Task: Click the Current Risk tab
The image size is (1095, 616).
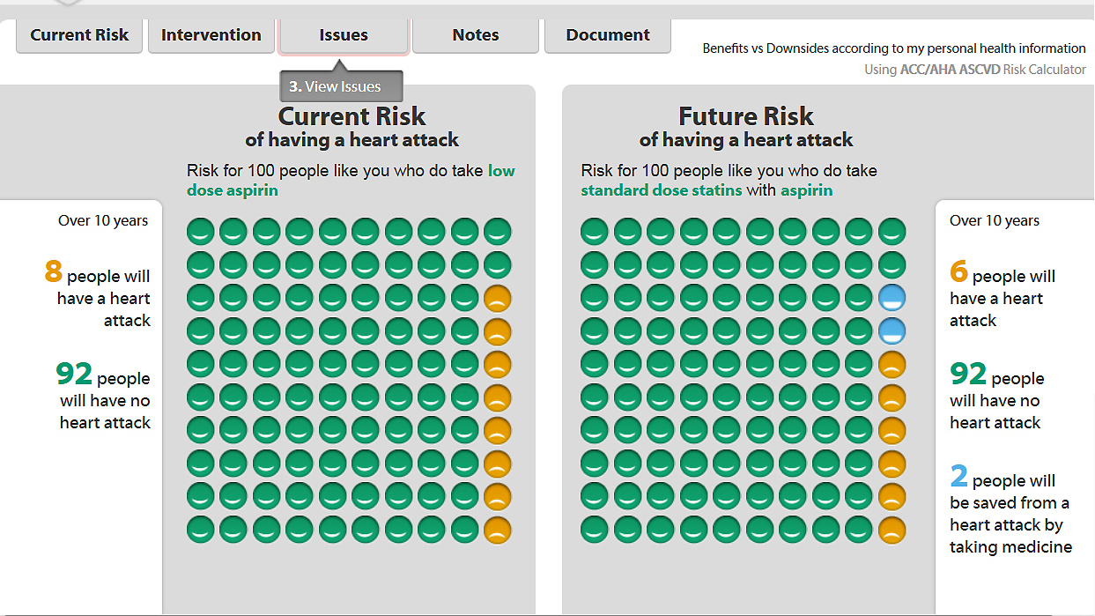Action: [79, 35]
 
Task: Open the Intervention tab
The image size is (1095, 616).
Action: [211, 35]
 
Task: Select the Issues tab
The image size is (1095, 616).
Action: [344, 35]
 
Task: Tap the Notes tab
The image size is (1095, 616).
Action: [476, 35]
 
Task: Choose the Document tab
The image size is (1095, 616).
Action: [608, 35]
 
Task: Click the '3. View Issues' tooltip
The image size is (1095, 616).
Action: [341, 86]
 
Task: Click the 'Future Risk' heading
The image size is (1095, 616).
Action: [746, 116]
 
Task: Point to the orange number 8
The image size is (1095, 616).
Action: [53, 272]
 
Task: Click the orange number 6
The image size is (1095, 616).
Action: [958, 272]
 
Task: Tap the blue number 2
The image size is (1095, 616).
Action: [958, 477]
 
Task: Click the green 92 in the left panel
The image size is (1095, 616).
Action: [74, 375]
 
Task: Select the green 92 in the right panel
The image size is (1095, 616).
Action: [968, 375]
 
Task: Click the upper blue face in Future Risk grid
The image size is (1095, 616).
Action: [892, 298]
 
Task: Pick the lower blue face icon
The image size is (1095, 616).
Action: [892, 331]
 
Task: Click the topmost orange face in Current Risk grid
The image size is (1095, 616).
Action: [498, 298]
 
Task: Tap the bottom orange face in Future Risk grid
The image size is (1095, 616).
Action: [892, 530]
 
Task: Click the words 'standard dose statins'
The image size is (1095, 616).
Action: [661, 190]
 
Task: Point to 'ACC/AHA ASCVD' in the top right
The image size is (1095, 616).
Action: [950, 70]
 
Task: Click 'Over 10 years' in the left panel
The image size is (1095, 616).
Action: [103, 221]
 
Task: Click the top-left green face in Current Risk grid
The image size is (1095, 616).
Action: [200, 232]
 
